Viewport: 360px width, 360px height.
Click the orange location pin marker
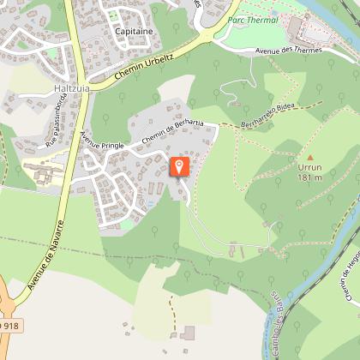coord(180,165)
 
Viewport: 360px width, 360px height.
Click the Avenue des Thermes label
coord(288,50)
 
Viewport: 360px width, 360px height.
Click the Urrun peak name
coord(309,166)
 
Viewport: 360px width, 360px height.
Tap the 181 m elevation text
coord(309,177)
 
